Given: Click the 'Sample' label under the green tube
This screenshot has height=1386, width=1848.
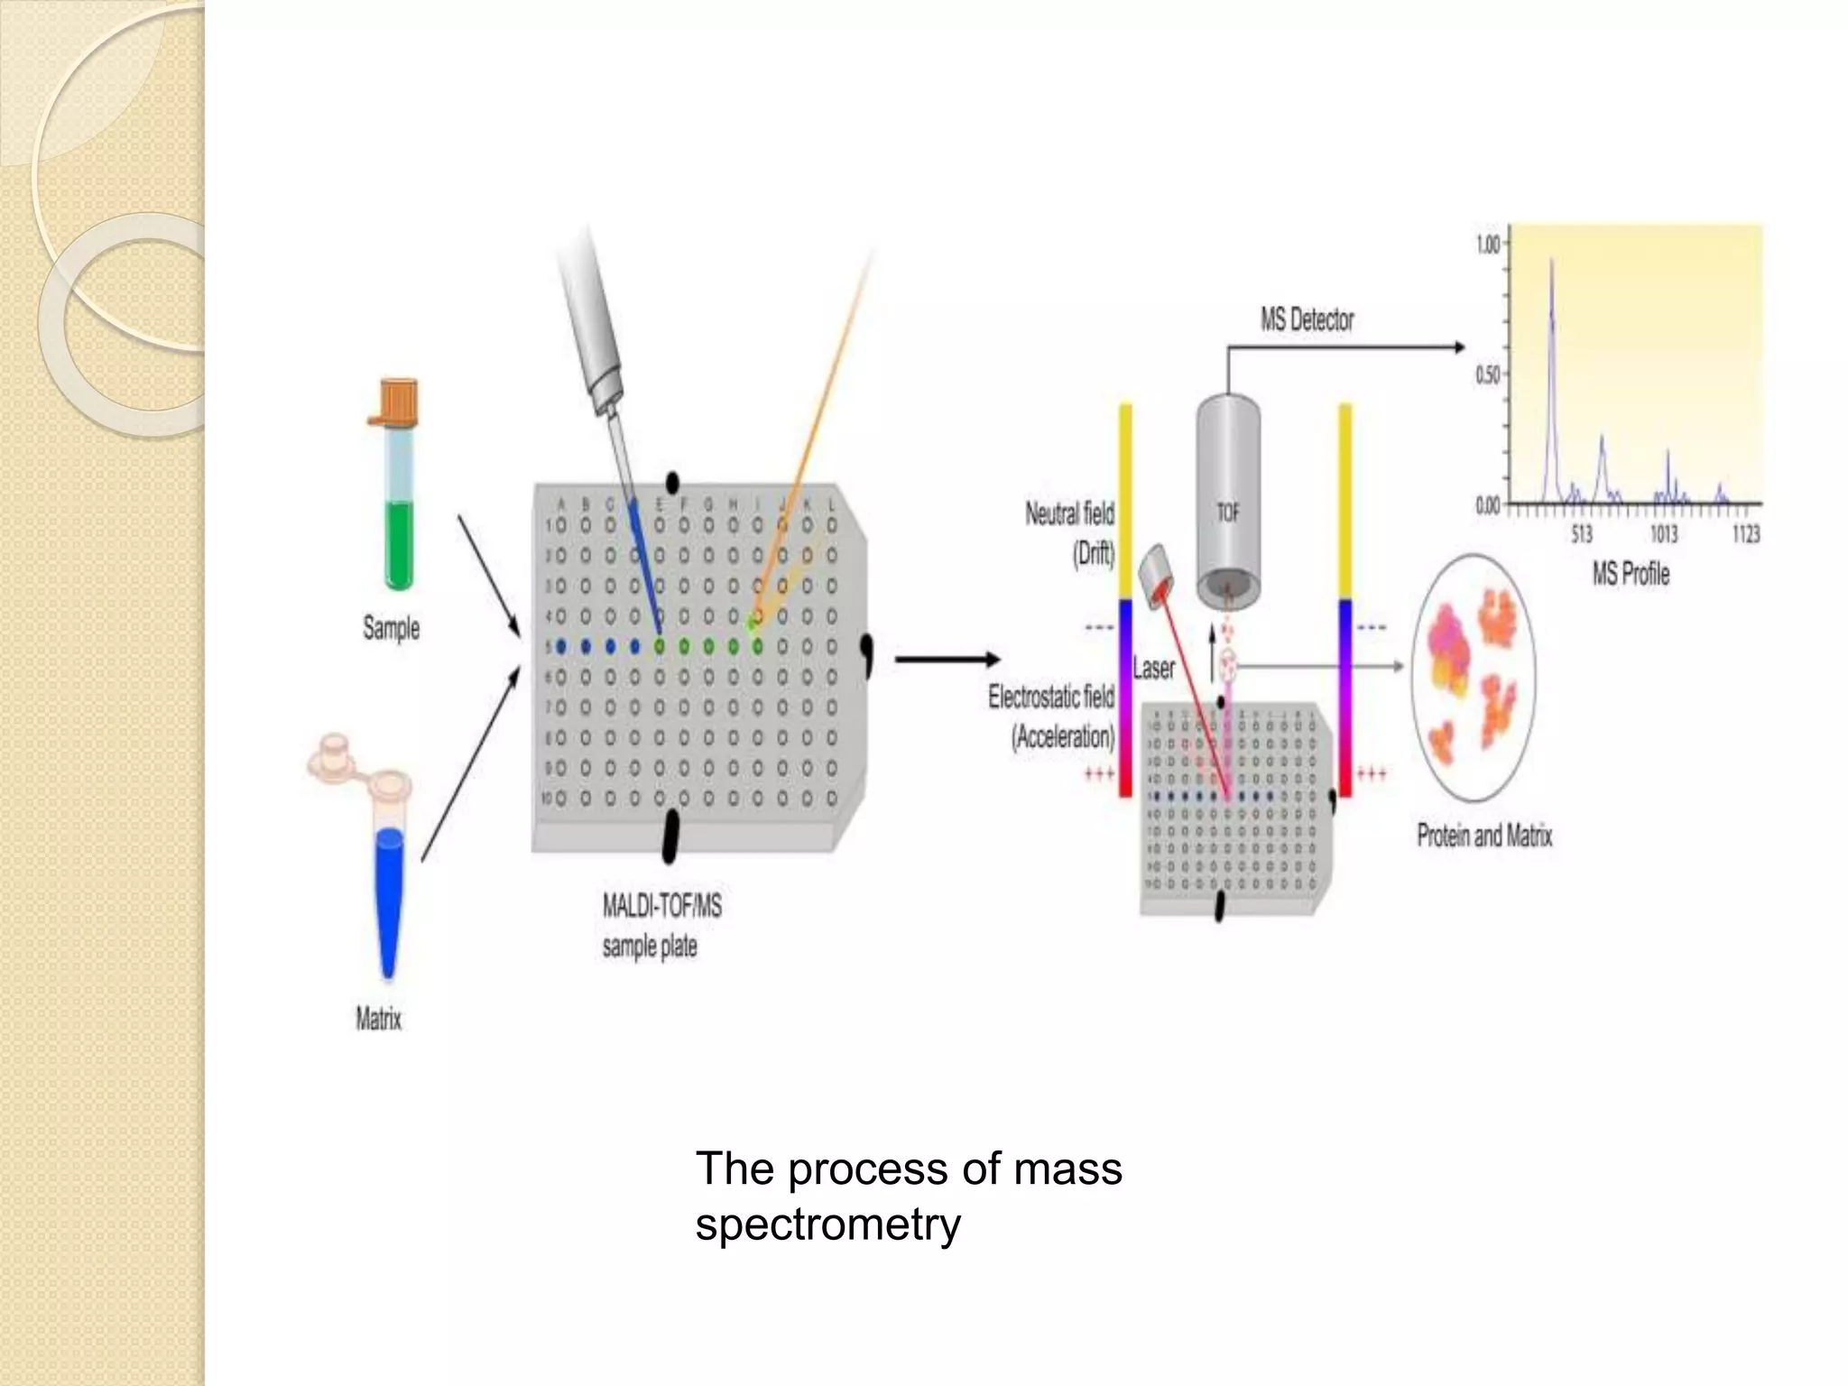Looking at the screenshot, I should point(391,628).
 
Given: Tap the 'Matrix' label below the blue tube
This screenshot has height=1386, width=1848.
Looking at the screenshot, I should point(378,1020).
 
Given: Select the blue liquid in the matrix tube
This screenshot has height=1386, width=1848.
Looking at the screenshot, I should point(389,902).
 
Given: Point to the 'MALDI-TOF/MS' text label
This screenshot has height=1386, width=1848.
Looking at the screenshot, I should point(662,906).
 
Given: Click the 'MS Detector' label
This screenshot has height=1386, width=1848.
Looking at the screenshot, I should point(1307,319).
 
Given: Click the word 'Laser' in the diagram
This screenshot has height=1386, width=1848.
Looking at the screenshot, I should point(1153,669).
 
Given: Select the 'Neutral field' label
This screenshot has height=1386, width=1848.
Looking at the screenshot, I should point(1069,514).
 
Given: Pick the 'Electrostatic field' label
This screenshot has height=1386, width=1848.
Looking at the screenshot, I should point(1051,697).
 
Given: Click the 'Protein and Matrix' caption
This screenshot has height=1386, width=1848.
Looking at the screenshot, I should point(1484,836).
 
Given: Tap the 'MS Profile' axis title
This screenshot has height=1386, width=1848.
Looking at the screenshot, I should point(1631,574).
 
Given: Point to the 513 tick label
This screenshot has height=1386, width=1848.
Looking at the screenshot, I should point(1581,535).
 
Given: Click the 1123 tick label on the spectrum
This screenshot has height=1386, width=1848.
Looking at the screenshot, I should point(1745,535).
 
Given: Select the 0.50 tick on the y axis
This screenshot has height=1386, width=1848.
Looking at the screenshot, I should point(1487,374).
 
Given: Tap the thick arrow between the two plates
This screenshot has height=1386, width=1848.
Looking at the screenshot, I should point(947,660).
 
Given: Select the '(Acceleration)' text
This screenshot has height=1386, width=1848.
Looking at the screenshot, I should point(1062,738).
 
